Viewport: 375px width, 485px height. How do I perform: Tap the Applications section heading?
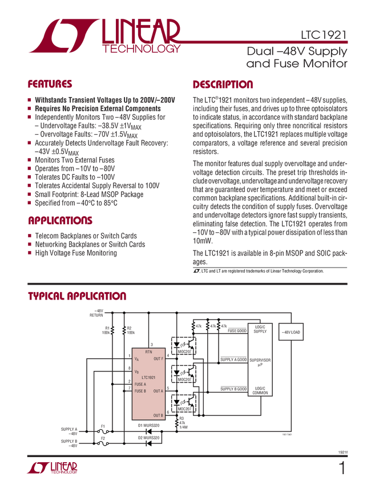pos(60,220)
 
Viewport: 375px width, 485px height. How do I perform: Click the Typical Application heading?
pos(77,296)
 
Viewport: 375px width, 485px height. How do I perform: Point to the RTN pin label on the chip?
pos(148,351)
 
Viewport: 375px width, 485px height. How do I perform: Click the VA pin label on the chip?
pos(136,359)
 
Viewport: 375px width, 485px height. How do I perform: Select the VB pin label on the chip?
pos(136,371)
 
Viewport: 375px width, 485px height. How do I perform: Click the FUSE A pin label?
pos(144,384)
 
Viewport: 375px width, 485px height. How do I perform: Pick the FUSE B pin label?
pos(144,391)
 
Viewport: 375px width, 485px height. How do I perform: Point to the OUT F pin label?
pos(158,358)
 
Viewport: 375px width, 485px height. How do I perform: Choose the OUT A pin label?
pos(158,391)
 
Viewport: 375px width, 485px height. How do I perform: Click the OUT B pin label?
pos(158,415)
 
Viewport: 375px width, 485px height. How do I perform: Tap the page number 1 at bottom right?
pos(341,470)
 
